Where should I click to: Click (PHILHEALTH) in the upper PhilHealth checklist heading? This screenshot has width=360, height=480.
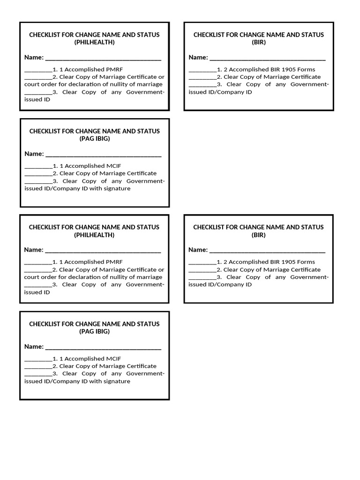point(94,42)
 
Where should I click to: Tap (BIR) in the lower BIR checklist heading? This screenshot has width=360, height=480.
point(258,235)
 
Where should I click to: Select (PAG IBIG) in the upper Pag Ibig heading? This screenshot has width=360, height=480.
point(94,139)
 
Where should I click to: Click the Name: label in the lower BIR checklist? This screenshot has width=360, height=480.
point(198,250)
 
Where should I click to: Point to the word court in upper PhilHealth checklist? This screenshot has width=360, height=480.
point(32,84)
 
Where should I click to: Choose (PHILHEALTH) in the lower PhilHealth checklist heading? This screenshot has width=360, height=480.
point(94,235)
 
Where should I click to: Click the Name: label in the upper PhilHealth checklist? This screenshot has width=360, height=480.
point(34,57)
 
